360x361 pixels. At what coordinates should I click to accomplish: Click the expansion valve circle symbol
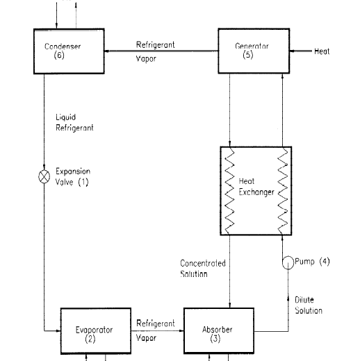[x=44, y=177]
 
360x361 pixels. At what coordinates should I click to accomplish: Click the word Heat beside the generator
[x=322, y=51]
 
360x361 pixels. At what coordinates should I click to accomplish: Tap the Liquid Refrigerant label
[x=74, y=123]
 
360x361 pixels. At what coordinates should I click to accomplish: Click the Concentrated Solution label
[x=203, y=269]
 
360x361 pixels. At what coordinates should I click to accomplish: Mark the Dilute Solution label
[x=309, y=305]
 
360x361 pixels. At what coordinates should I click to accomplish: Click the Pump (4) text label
[x=312, y=262]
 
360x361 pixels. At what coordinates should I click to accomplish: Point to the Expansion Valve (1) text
[x=73, y=177]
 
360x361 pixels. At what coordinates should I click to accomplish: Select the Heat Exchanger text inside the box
[x=256, y=187]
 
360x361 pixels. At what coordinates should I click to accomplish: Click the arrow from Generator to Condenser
[x=161, y=51]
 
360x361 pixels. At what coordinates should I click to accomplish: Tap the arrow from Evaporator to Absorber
[x=158, y=331]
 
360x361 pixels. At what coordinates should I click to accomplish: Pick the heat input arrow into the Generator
[x=301, y=51]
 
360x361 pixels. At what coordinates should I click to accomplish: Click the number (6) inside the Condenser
[x=59, y=56]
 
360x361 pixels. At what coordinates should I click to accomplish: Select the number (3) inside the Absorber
[x=215, y=339]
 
